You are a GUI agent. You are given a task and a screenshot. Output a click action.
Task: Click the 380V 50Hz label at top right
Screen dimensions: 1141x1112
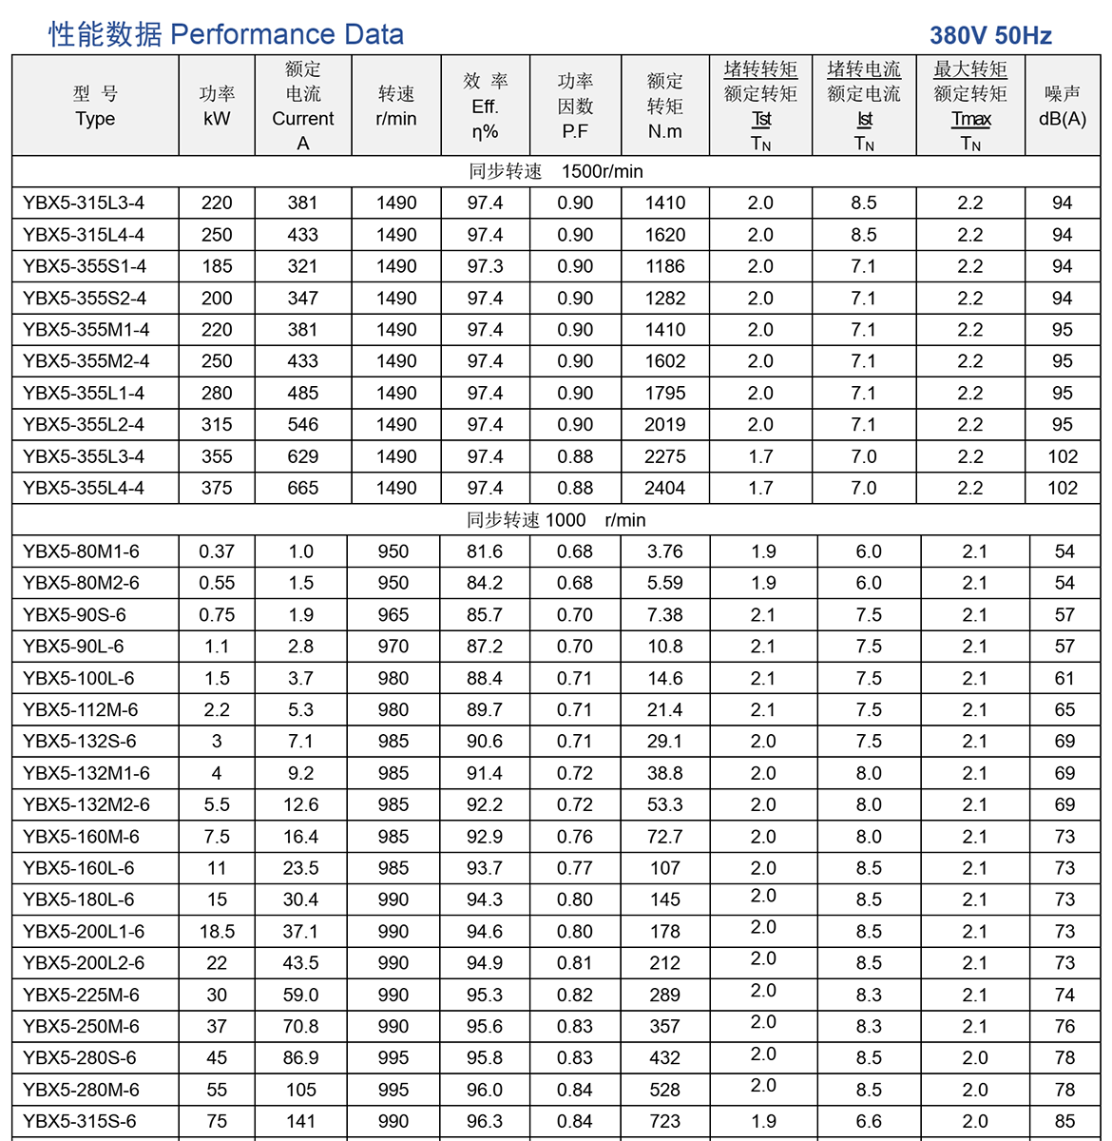pos(990,36)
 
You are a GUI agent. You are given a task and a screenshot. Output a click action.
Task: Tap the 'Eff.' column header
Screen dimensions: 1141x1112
pos(485,106)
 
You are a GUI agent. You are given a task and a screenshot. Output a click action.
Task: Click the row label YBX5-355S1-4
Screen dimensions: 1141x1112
pos(85,266)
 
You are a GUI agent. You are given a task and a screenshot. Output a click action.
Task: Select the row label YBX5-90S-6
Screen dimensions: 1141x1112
pos(74,615)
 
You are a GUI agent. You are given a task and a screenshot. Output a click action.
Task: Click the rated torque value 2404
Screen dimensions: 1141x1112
pos(664,488)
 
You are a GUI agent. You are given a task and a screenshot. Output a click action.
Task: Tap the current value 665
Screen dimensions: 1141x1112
pos(302,488)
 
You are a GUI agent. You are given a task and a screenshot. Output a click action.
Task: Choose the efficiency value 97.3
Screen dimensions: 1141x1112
pos(485,266)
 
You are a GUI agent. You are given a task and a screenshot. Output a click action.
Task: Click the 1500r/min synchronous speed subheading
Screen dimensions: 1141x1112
pos(556,171)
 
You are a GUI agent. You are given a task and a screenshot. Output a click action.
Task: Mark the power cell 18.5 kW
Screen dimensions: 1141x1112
pos(217,932)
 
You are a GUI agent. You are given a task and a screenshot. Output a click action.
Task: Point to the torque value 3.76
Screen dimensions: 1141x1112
pos(664,551)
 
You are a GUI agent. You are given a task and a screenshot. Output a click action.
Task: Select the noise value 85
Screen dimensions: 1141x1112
pos(1064,1121)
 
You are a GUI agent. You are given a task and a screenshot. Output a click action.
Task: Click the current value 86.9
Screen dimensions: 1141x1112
pos(300,1058)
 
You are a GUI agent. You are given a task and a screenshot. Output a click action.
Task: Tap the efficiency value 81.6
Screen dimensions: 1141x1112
pos(485,551)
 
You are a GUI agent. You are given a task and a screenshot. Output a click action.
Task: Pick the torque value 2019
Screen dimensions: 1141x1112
pos(664,425)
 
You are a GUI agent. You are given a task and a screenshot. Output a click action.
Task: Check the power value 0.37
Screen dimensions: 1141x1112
pos(217,551)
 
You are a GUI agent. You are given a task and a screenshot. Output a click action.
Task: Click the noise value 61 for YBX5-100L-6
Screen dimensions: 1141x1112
pos(1064,679)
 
